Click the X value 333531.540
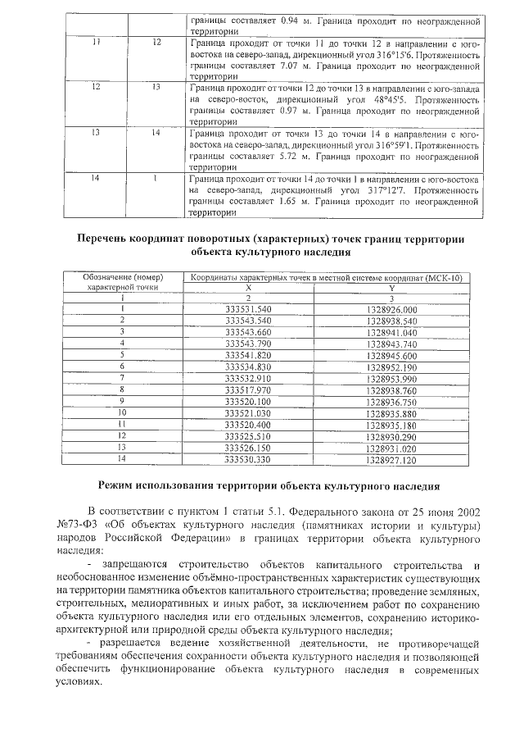click(x=247, y=309)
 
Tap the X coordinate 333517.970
click(x=247, y=391)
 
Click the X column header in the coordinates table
click(x=247, y=289)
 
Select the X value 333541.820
click(x=247, y=356)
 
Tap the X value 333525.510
click(x=247, y=438)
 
